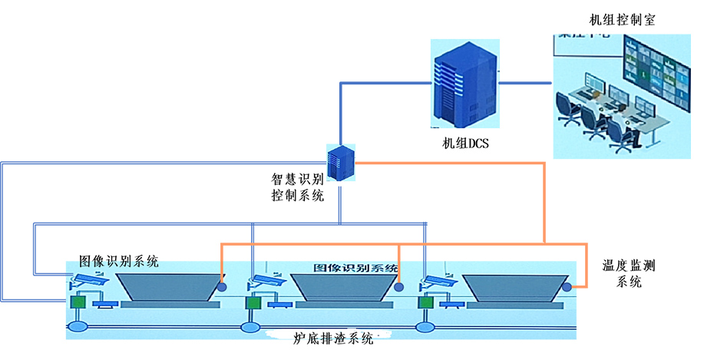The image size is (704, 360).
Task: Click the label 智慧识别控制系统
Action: coord(298,187)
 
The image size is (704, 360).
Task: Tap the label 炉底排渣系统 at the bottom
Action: coord(333,339)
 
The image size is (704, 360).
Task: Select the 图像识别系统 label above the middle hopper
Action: coord(355,269)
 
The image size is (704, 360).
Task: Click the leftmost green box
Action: coord(78,302)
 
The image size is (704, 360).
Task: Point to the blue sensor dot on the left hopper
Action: coord(222,287)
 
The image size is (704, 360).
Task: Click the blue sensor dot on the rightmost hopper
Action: coord(567,287)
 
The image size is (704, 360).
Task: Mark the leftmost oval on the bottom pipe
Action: coord(78,328)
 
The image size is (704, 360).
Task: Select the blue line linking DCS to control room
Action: coord(527,81)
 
